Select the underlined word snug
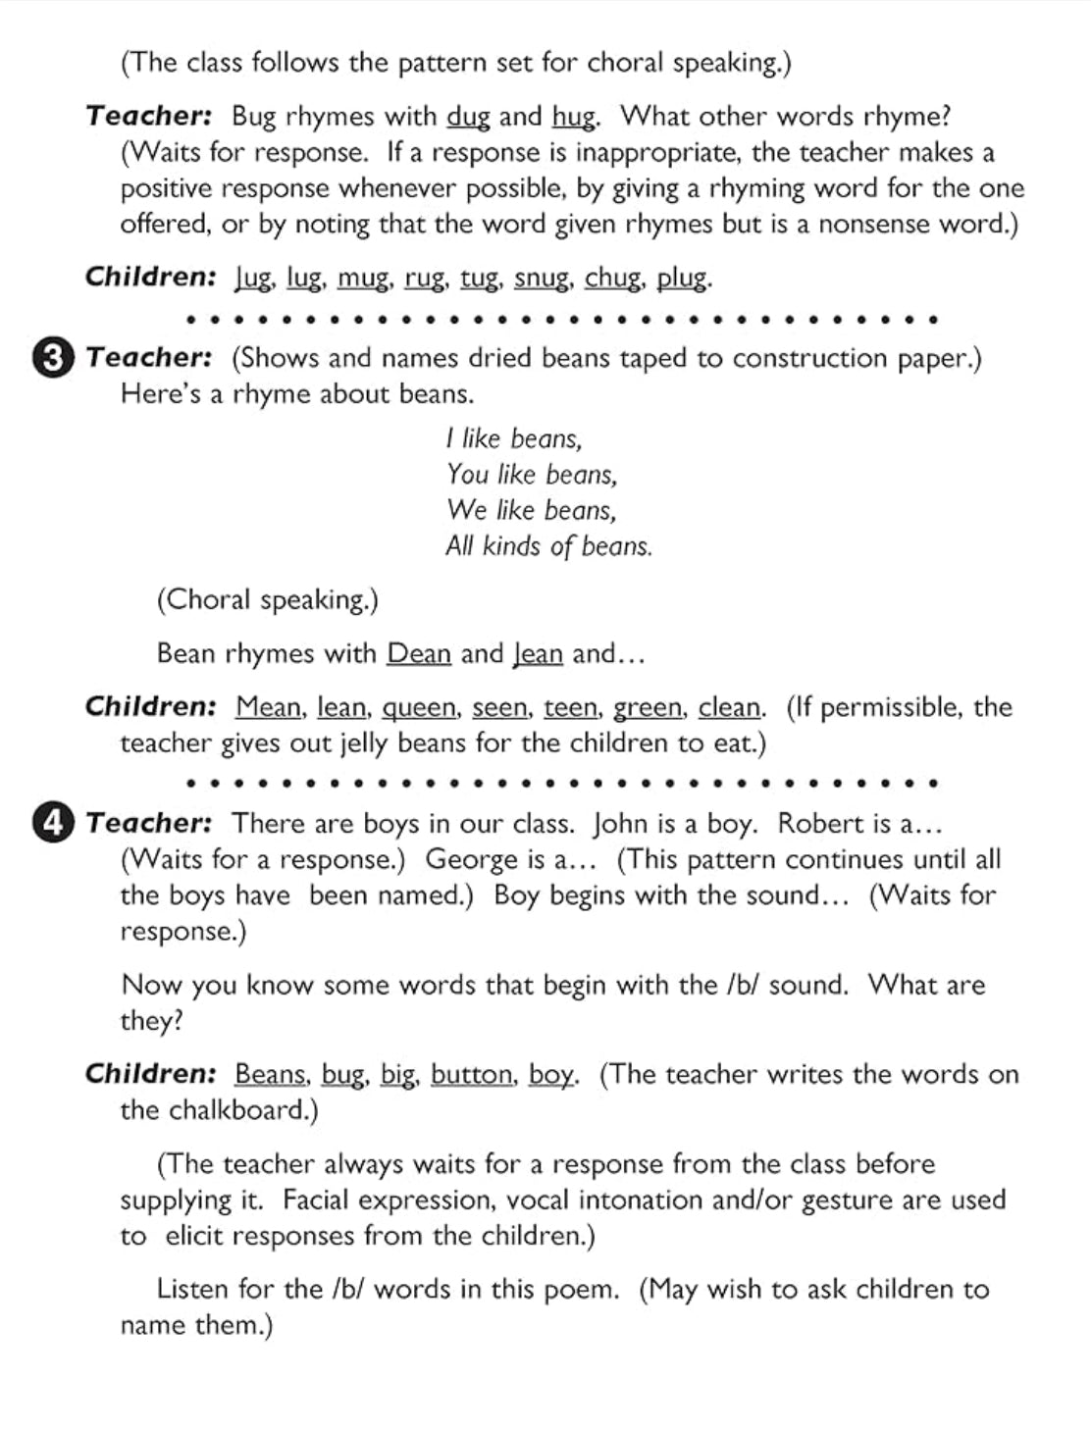(542, 279)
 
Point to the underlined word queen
(419, 707)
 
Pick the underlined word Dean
(419, 653)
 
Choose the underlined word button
(472, 1075)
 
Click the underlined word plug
(683, 279)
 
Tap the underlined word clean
(731, 707)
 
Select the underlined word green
(649, 707)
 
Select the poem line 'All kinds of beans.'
(548, 546)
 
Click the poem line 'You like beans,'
(532, 475)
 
